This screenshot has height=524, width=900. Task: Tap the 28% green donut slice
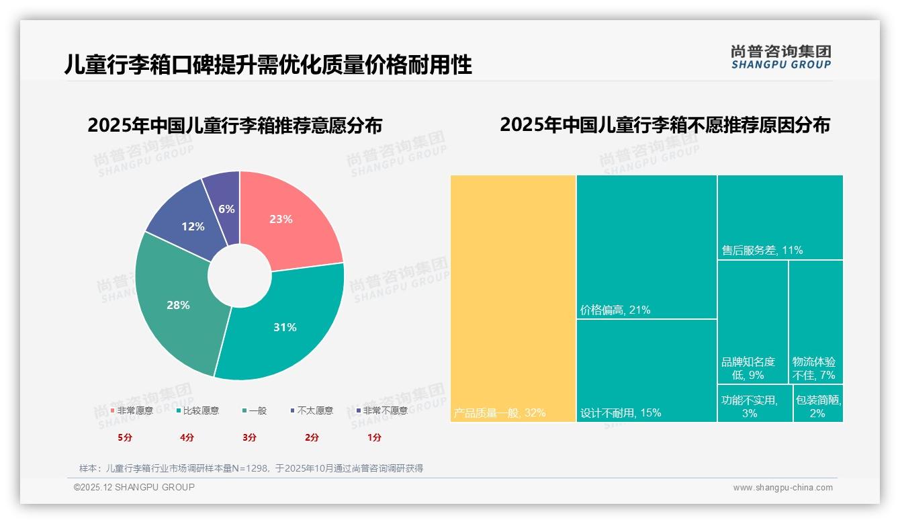178,306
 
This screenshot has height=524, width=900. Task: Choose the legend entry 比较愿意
200,410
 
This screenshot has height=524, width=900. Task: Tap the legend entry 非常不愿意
384,410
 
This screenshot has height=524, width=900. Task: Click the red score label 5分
125,437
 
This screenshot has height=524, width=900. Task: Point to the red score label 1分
374,437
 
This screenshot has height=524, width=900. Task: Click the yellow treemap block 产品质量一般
513,298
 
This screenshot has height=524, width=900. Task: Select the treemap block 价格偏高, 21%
646,247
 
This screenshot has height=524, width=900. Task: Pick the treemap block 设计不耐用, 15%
646,370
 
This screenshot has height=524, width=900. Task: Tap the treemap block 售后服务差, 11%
780,217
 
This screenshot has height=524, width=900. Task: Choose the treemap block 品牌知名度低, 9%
752,322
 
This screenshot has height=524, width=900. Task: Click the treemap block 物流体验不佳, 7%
815,322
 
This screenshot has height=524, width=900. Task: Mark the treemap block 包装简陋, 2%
818,403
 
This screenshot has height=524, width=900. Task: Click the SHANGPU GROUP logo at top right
780,57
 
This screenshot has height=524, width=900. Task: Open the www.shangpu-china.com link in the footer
782,488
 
